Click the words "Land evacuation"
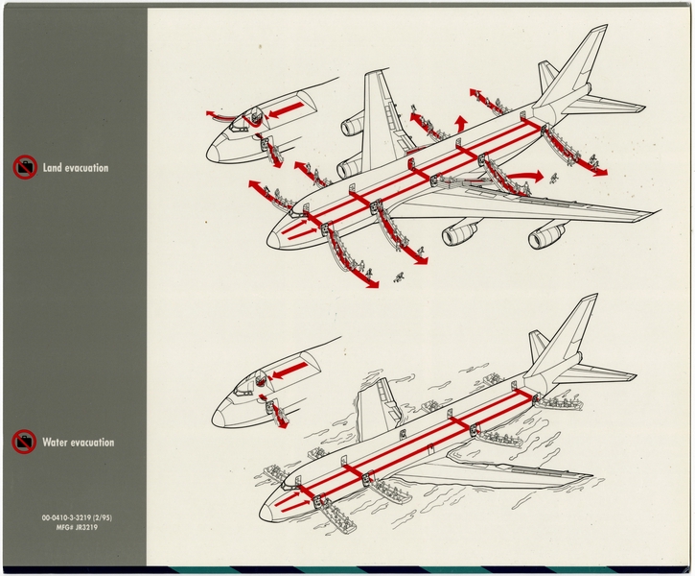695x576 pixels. (x=76, y=168)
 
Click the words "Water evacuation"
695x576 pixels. (x=78, y=443)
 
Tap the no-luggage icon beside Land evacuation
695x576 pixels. (x=24, y=168)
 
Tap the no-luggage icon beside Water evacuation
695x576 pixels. (x=24, y=443)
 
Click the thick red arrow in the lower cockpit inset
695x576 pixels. (x=293, y=370)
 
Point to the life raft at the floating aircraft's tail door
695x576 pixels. (x=562, y=402)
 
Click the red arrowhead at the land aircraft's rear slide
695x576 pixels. (x=601, y=173)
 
